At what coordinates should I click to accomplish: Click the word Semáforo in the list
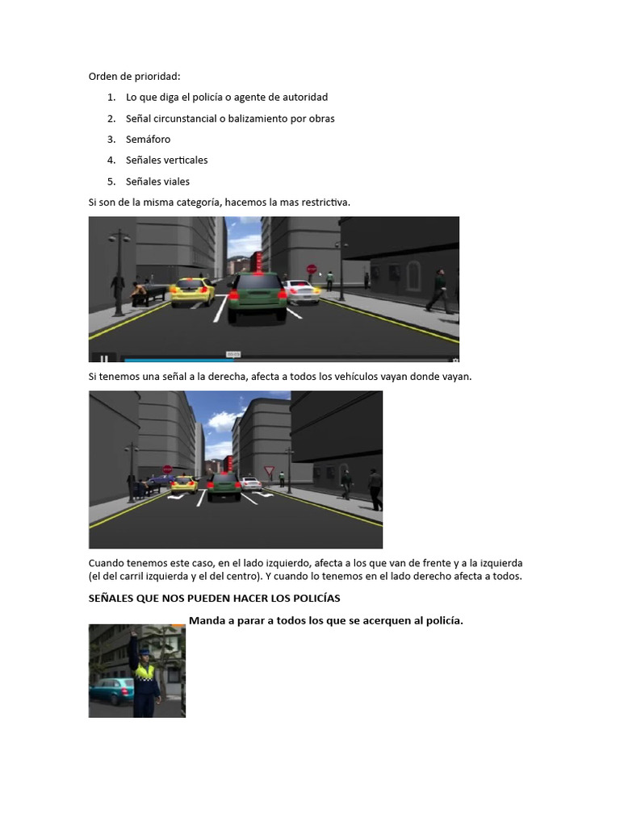[148, 140]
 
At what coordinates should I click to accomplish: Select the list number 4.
[111, 161]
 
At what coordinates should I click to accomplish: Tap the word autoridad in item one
[303, 98]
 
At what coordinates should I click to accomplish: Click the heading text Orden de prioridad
[134, 77]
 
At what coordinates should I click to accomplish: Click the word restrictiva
[325, 202]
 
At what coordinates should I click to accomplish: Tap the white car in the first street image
[301, 292]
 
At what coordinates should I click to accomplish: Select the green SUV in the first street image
[257, 297]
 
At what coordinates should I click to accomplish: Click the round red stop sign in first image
[312, 269]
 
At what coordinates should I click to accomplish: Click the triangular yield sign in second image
[270, 471]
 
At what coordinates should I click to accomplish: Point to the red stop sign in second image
[167, 469]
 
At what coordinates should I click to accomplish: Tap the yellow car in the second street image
[185, 484]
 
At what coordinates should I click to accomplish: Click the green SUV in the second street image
[224, 486]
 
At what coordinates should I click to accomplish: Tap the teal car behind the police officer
[111, 691]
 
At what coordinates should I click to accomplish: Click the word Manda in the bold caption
[206, 620]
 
